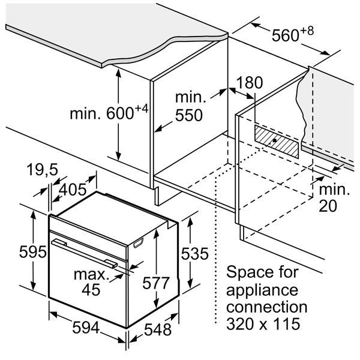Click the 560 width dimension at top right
pos(293,34)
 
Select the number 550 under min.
pos(189,115)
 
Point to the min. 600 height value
pos(109,113)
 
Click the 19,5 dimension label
pos(42,170)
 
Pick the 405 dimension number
pos(73,190)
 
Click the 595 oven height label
pos(32,251)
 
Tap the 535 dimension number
pos(194,253)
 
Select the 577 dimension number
pos(156,283)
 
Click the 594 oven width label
pos(86,328)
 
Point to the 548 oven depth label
pos(158,329)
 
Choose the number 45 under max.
pos(91,290)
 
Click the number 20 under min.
pos(328,206)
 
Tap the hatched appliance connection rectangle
pos(277,142)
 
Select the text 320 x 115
pos(263,323)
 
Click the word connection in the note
pos(267,307)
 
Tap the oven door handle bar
pos(85,253)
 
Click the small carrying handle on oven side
pos(139,242)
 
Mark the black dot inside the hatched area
pos(274,140)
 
